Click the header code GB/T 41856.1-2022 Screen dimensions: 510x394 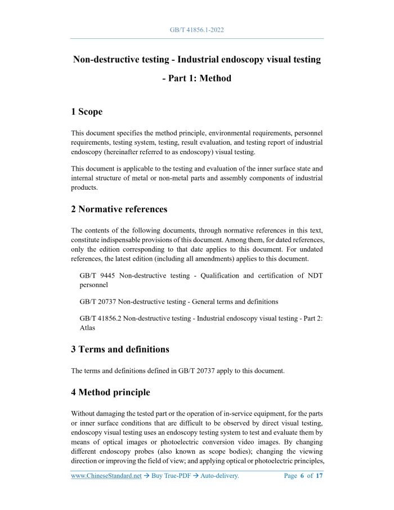tap(196, 29)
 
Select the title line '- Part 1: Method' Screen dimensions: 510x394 tap(196, 78)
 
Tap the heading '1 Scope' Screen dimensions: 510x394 tap(87, 112)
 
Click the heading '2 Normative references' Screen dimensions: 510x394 tap(119, 209)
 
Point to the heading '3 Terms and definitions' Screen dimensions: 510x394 tap(120, 349)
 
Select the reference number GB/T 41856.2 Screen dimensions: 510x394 tap(101, 318)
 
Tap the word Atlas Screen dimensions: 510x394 tap(88, 328)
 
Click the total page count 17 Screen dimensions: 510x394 tap(319, 476)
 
